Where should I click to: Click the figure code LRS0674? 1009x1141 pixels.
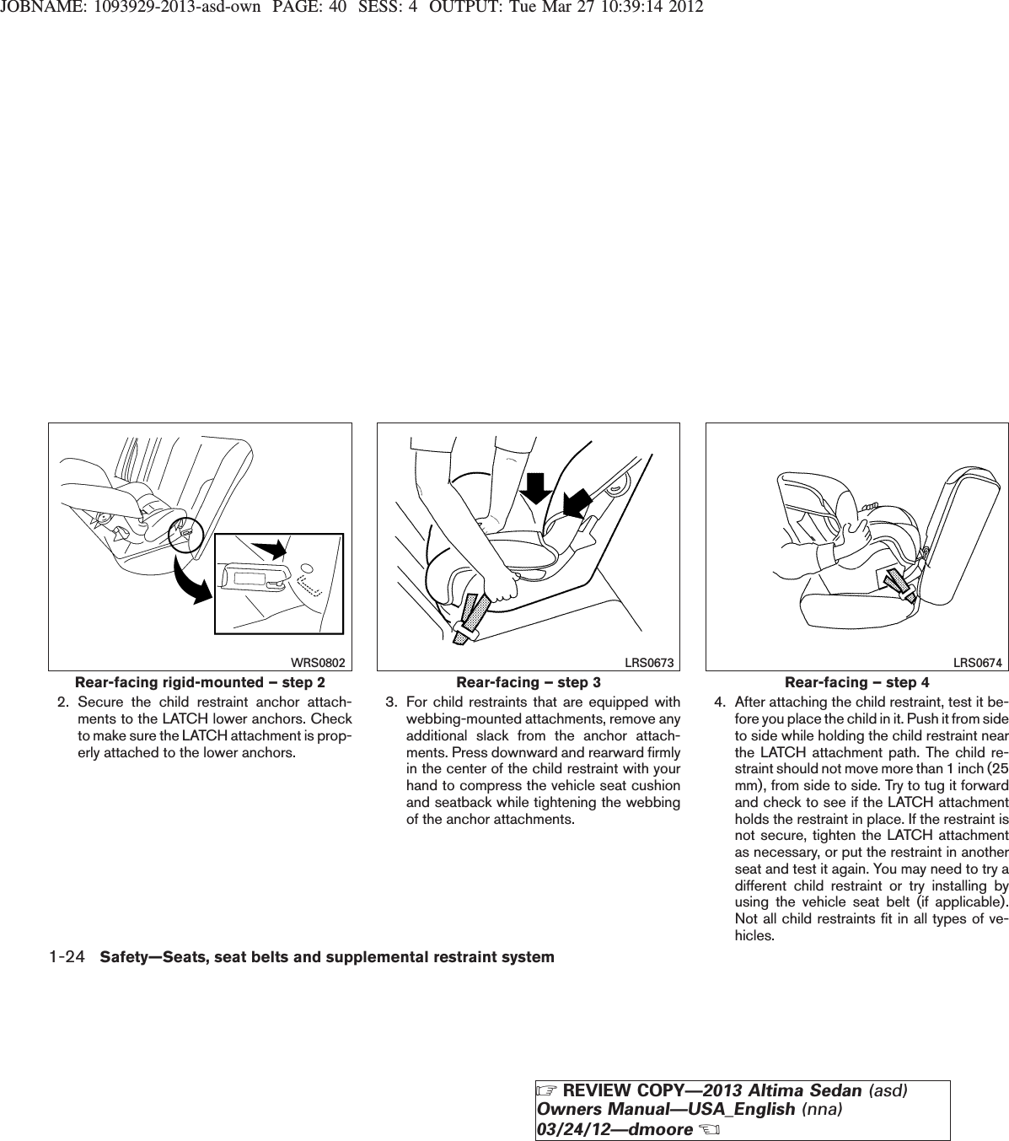(977, 664)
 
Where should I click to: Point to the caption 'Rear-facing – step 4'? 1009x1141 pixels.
(856, 681)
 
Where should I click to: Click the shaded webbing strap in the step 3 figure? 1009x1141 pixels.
(470, 616)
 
